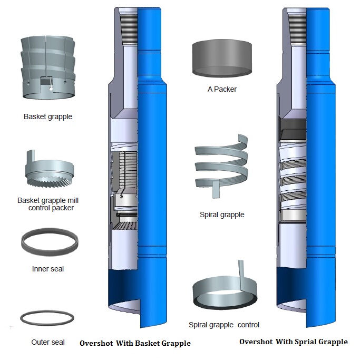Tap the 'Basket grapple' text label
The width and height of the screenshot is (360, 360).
pyautogui.click(x=48, y=116)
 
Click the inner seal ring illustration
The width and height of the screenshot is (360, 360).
pyautogui.click(x=50, y=243)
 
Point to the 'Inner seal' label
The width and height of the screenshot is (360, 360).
pyautogui.click(x=48, y=269)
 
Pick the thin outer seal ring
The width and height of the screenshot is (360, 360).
pyautogui.click(x=47, y=318)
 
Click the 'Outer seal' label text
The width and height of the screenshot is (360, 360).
pyautogui.click(x=48, y=342)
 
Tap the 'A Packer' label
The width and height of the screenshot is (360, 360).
pyautogui.click(x=222, y=89)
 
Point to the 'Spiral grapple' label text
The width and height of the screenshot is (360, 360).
pyautogui.click(x=222, y=215)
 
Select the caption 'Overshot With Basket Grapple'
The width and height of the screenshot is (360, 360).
pyautogui.click(x=135, y=343)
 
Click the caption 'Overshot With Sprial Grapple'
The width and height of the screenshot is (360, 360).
pyautogui.click(x=294, y=342)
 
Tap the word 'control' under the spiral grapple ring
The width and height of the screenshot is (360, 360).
pyautogui.click(x=248, y=325)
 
